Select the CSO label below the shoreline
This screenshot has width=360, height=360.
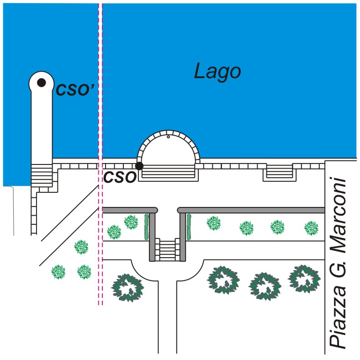point(120,177)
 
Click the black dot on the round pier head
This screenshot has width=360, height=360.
point(41,83)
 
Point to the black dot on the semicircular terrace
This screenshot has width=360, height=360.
point(139,166)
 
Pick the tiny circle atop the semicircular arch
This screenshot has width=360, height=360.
point(168,136)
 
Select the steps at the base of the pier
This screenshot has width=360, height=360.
point(42,174)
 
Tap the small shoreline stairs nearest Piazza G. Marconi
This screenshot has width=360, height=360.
point(279,172)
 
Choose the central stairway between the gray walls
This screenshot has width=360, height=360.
point(168,249)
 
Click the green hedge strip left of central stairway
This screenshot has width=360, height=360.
point(147,226)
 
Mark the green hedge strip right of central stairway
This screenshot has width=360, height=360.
point(188,226)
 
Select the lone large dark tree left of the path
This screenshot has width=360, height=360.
point(128,287)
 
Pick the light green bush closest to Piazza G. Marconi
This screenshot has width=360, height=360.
point(311,227)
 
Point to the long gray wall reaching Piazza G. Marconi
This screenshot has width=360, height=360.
point(251,210)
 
